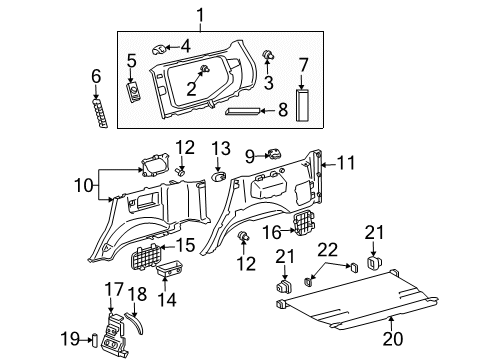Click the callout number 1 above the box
pyautogui.click(x=200, y=15)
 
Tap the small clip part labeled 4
pyautogui.click(x=159, y=49)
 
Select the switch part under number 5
pyautogui.click(x=134, y=92)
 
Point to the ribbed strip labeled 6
pyautogui.click(x=100, y=112)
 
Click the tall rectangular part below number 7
pyautogui.click(x=302, y=105)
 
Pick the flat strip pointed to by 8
pyautogui.click(x=243, y=111)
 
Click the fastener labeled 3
pyautogui.click(x=268, y=54)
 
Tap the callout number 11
pyautogui.click(x=346, y=163)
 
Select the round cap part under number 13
pyautogui.click(x=219, y=176)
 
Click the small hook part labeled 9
pyautogui.click(x=273, y=154)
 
